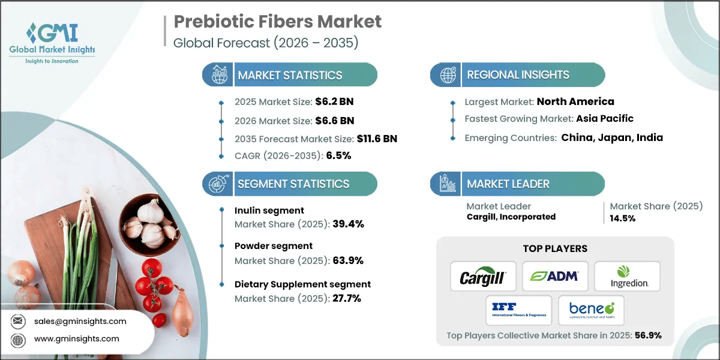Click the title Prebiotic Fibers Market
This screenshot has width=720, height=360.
tap(277, 22)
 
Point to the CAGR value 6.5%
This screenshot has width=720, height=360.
tap(338, 155)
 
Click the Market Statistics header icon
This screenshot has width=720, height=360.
tap(218, 75)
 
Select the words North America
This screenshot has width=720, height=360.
tap(575, 101)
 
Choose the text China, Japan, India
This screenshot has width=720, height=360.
tap(611, 137)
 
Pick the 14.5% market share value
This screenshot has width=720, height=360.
tap(623, 218)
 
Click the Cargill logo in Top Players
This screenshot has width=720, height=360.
tap(483, 277)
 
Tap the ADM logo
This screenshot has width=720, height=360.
tap(554, 276)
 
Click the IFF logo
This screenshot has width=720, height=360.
tap(519, 310)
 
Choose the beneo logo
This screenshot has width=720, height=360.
tap(591, 310)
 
